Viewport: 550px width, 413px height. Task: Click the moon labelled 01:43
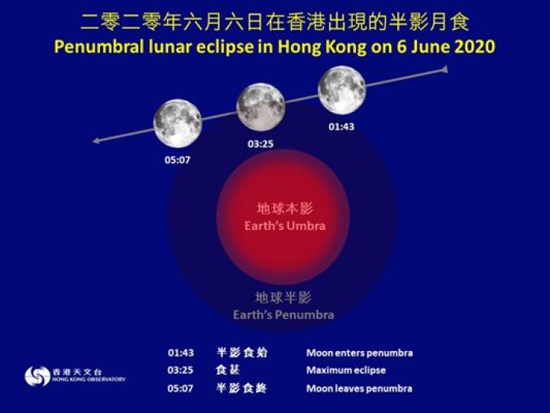click(x=341, y=89)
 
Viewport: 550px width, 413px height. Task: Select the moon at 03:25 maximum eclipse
click(x=260, y=107)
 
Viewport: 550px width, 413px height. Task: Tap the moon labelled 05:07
click(x=177, y=123)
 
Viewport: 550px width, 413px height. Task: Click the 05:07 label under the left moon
click(x=177, y=161)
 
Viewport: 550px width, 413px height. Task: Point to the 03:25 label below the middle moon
click(x=260, y=143)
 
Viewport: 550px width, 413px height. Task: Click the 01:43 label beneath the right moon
click(x=341, y=126)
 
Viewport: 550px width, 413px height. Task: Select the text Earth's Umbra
click(x=285, y=226)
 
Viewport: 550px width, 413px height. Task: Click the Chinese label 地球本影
click(x=284, y=209)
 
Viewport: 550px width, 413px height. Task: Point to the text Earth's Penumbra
click(x=283, y=314)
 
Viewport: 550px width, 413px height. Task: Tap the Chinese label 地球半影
click(x=283, y=297)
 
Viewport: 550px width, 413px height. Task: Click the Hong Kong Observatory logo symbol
click(x=37, y=376)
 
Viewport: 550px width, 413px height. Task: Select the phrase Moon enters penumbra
click(x=359, y=353)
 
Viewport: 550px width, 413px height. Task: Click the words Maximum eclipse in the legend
click(x=346, y=370)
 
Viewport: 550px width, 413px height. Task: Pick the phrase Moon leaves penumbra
click(x=359, y=389)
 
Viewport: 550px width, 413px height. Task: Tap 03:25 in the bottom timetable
click(x=181, y=370)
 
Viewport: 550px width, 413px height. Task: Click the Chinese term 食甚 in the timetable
click(x=227, y=370)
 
